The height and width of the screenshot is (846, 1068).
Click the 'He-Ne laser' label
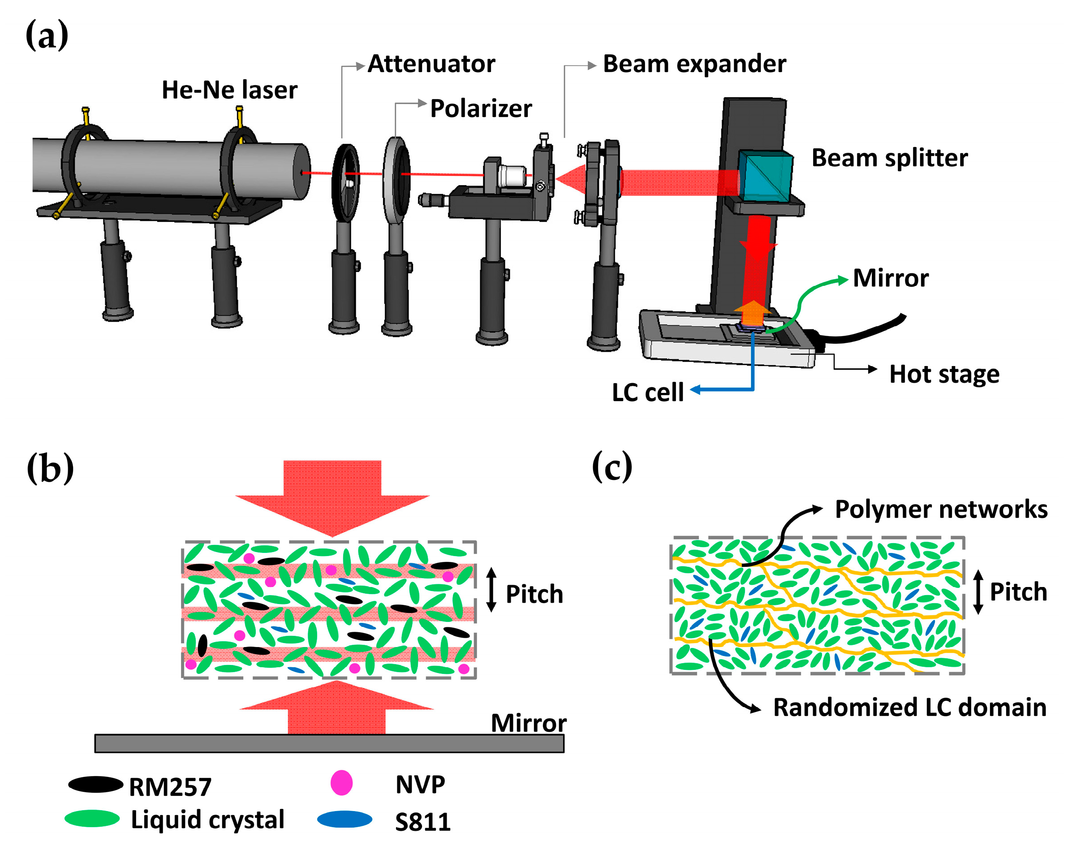(229, 90)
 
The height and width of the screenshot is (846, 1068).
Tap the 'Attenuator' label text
(431, 64)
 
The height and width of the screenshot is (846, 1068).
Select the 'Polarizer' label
(480, 108)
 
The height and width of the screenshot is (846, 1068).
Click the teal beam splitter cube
(763, 176)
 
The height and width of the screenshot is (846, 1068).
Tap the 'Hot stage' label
(944, 374)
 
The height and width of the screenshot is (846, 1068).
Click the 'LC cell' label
(647, 392)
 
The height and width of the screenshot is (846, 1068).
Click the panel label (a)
(47, 36)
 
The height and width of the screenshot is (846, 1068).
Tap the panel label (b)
(50, 468)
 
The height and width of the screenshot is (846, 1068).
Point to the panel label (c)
(612, 466)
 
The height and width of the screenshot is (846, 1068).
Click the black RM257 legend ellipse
(95, 785)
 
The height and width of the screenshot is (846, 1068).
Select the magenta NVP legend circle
(341, 783)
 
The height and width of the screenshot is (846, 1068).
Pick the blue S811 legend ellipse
(344, 819)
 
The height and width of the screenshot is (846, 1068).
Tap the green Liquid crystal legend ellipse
(92, 818)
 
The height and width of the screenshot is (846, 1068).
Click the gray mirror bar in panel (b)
(329, 743)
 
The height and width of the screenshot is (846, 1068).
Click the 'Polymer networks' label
(940, 509)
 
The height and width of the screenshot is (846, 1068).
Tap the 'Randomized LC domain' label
(909, 707)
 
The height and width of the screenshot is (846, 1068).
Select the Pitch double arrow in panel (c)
(978, 592)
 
